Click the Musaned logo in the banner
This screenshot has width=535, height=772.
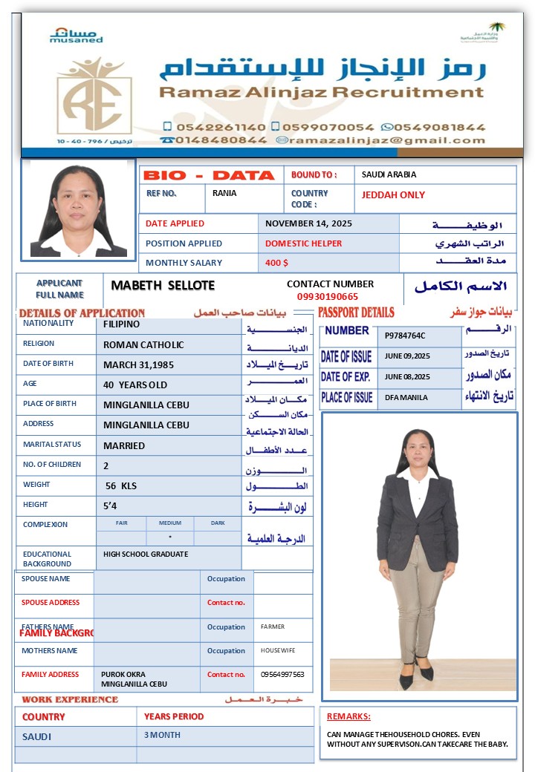pyautogui.click(x=76, y=35)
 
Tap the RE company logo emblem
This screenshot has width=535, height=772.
pyautogui.click(x=94, y=99)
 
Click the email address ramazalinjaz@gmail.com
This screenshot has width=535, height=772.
pyautogui.click(x=387, y=140)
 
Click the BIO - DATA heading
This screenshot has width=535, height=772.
pyautogui.click(x=209, y=176)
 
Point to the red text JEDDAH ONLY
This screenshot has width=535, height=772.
pyautogui.click(x=393, y=195)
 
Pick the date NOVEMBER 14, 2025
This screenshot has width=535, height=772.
pyautogui.click(x=308, y=223)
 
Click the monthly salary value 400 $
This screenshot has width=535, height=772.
pyautogui.click(x=276, y=263)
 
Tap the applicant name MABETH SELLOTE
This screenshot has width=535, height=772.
pyautogui.click(x=163, y=286)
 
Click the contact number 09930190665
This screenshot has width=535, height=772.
pyautogui.click(x=327, y=296)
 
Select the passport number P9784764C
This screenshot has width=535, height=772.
pyautogui.click(x=405, y=336)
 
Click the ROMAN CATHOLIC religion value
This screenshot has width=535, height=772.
pyautogui.click(x=143, y=345)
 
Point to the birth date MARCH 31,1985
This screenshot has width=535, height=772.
pyautogui.click(x=139, y=364)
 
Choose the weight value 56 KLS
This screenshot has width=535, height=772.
pyautogui.click(x=121, y=486)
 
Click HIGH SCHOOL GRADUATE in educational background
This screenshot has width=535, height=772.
pyautogui.click(x=146, y=555)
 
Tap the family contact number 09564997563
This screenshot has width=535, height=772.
pyautogui.click(x=282, y=675)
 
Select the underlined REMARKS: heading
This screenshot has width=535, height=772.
pyautogui.click(x=348, y=717)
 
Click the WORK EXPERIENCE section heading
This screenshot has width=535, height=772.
pyautogui.click(x=70, y=699)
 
